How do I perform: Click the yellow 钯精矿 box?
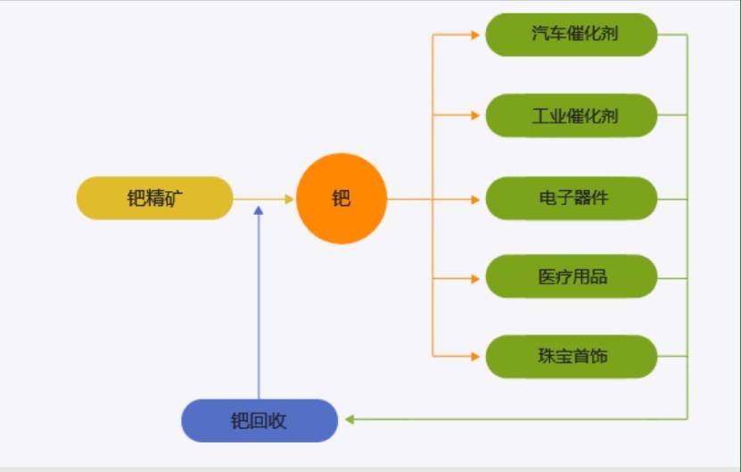154,198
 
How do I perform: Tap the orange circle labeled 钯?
342,198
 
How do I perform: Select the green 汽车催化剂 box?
571,35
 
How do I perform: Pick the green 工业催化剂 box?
571,115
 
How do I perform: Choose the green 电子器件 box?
571,198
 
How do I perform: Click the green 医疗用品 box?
571,277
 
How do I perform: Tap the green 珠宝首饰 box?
571,356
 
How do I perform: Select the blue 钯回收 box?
259,420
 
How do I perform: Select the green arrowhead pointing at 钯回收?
350,418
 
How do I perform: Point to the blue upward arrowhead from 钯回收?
259,211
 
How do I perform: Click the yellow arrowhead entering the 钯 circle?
289,199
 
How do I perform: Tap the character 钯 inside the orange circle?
342,198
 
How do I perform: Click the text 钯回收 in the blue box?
259,421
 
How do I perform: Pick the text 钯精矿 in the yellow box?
153,198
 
